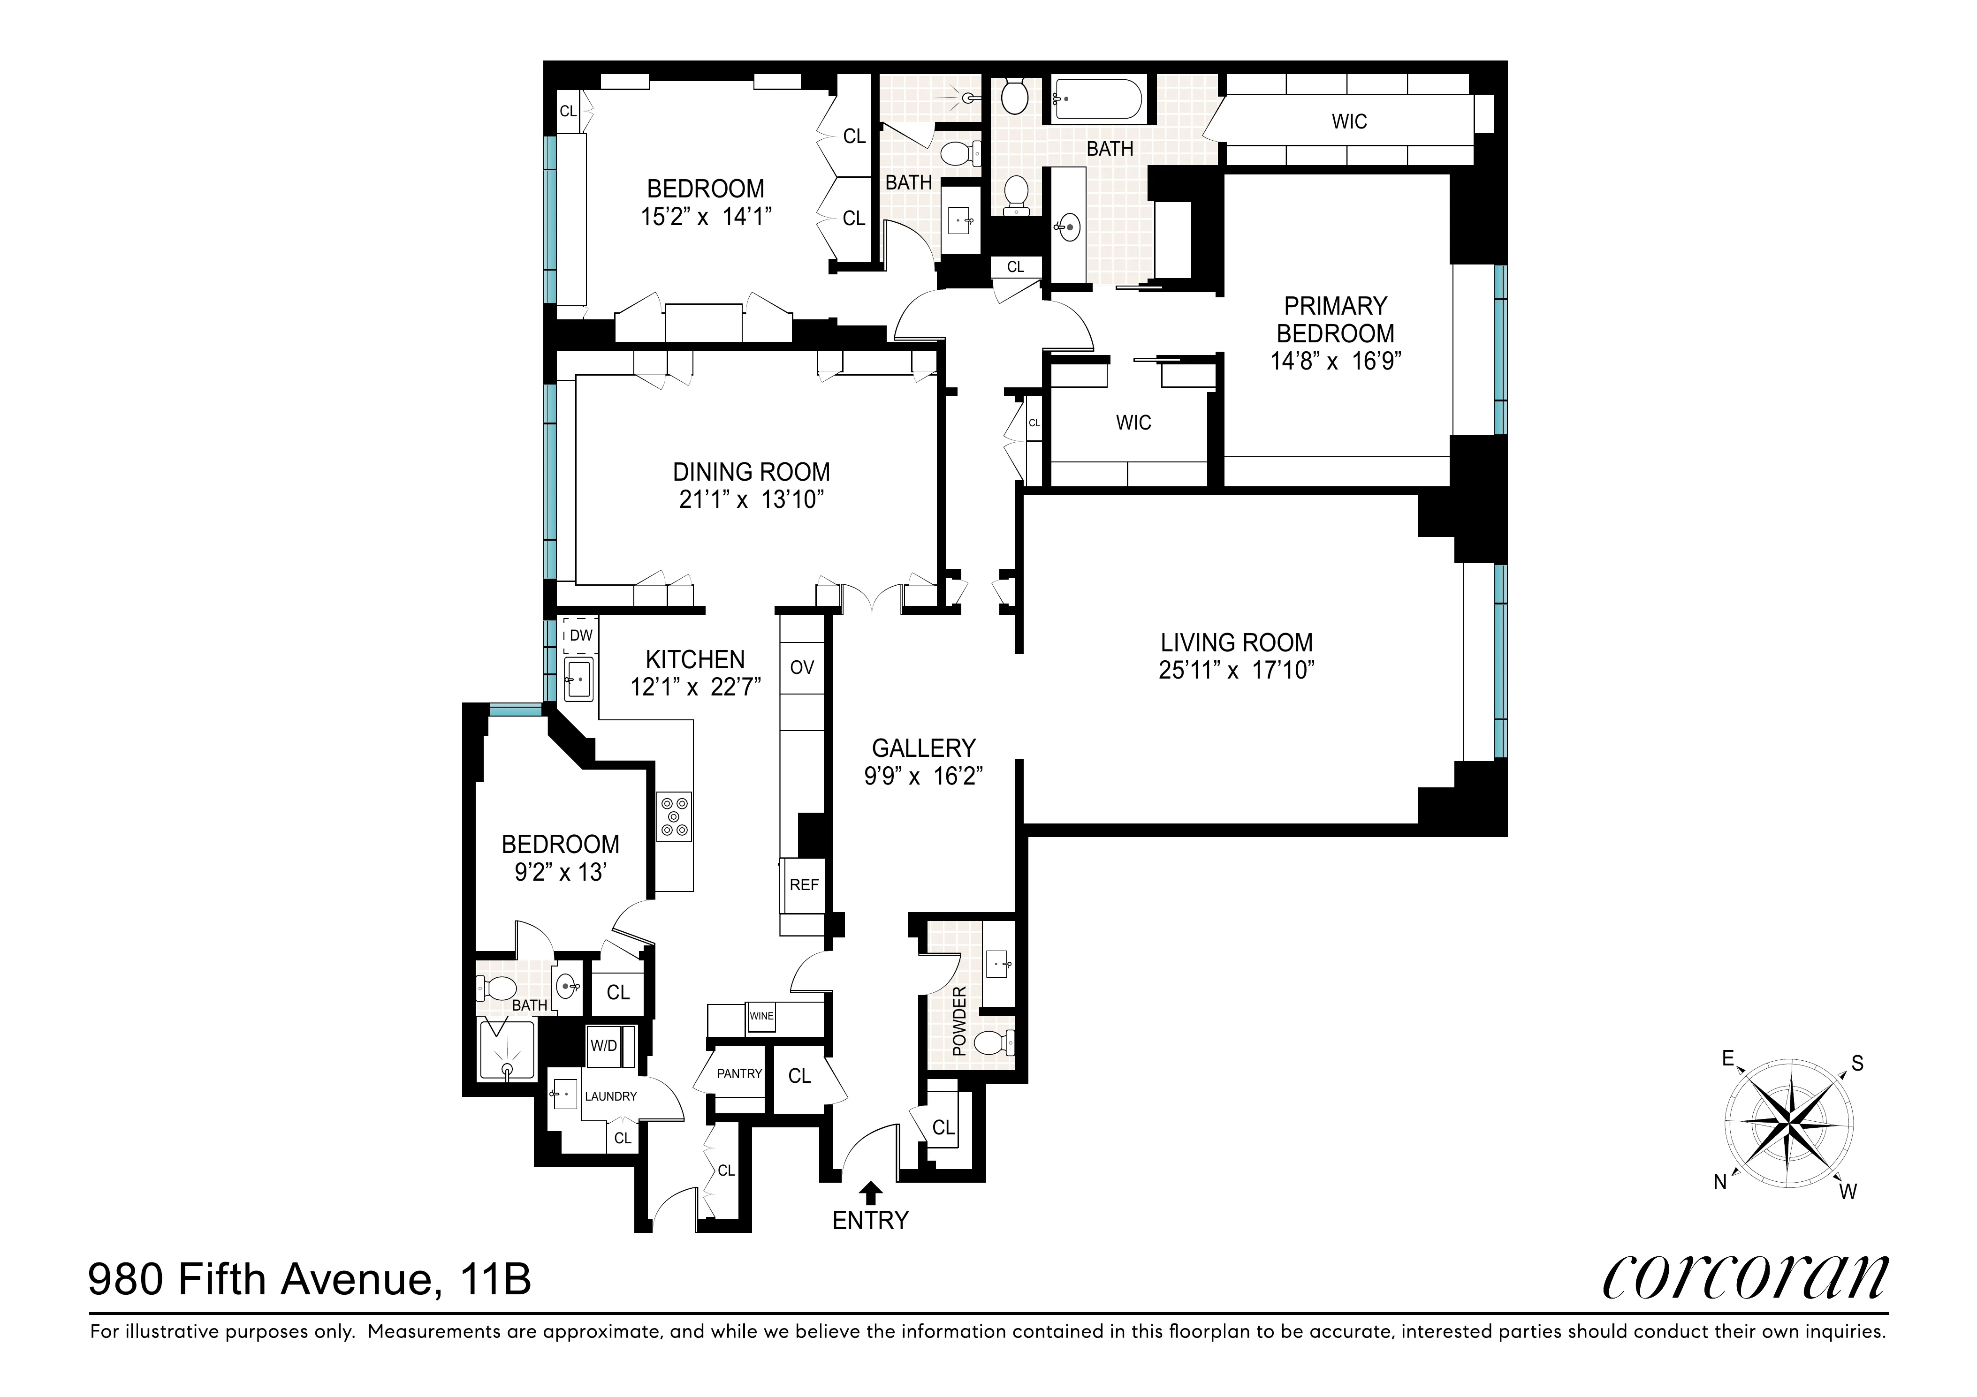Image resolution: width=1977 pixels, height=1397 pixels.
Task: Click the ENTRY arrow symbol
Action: (871, 1192)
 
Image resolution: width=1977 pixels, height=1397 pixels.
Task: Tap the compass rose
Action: (1789, 1123)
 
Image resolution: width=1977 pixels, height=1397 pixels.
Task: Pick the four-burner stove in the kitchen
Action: (673, 816)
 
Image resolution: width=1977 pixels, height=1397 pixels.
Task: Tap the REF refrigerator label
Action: (803, 885)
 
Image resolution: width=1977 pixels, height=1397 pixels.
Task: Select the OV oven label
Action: (802, 667)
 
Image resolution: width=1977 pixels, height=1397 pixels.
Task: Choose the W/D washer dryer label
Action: (604, 1046)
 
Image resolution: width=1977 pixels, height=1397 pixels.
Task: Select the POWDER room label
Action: (959, 1022)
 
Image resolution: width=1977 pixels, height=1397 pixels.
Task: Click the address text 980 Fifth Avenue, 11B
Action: (310, 1279)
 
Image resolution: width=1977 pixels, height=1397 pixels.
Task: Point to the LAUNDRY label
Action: (610, 1096)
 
